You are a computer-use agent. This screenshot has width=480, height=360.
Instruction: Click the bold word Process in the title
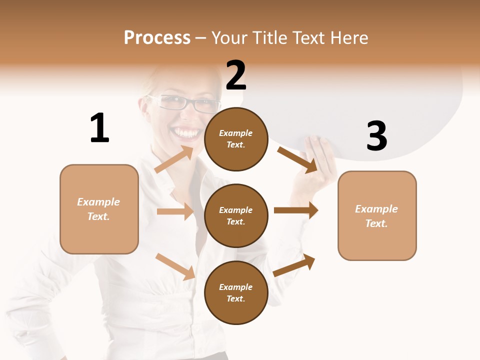[157, 37]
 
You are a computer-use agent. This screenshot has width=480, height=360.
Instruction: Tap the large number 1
[99, 128]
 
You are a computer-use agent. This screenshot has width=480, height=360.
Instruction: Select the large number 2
[236, 75]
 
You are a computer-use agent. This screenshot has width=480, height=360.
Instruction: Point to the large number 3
[377, 136]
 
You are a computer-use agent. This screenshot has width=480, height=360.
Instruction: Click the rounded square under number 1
[99, 209]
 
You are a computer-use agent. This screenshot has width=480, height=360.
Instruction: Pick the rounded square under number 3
[377, 216]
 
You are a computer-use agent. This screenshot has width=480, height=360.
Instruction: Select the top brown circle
[236, 139]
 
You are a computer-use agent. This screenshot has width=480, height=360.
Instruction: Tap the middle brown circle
[236, 216]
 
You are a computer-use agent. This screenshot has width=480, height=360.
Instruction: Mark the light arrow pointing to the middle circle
[175, 211]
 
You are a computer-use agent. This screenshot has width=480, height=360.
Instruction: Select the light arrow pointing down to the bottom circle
[175, 266]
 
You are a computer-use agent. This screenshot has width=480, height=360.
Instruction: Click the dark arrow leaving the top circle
[298, 160]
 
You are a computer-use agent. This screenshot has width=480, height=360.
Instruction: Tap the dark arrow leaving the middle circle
[296, 210]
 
